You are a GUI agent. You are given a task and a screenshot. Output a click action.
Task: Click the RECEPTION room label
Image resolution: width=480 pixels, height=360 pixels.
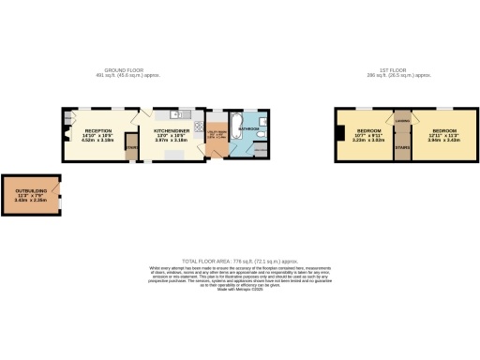click(98, 130)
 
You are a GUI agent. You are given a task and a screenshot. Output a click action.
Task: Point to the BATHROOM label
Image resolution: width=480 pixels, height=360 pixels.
click(247, 128)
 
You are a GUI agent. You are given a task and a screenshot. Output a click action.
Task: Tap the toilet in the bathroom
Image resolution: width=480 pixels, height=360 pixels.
click(264, 130)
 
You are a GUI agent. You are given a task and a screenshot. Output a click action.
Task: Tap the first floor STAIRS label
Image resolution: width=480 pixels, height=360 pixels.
click(403, 147)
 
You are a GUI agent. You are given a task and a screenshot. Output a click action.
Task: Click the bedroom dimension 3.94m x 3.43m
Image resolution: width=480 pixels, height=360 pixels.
click(443, 141)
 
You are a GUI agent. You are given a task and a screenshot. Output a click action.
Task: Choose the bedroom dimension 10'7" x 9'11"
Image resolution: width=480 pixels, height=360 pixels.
click(368, 136)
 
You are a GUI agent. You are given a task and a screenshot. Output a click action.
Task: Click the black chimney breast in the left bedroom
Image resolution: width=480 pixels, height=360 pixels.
click(339, 134)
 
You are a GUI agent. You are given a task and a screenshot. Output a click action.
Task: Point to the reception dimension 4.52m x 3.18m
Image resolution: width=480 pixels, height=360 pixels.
click(98, 141)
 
